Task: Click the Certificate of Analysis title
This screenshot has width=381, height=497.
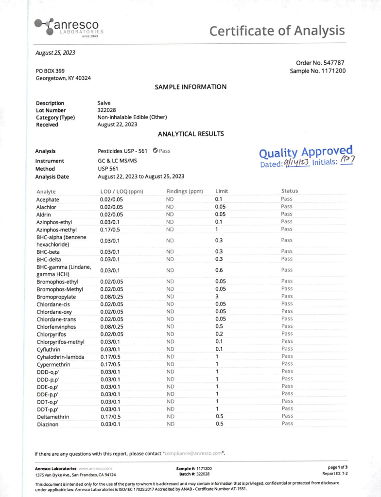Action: pyautogui.click(x=277, y=31)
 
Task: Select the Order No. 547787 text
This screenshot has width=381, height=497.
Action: pyautogui.click(x=320, y=62)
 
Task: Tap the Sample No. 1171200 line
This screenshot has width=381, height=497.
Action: pyautogui.click(x=318, y=71)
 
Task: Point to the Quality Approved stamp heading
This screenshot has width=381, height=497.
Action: pyautogui.click(x=306, y=152)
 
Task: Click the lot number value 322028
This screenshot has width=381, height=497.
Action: pyautogui.click(x=106, y=110)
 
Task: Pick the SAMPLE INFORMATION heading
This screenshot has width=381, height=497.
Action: pyautogui.click(x=190, y=87)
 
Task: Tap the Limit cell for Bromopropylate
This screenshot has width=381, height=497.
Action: pyautogui.click(x=218, y=296)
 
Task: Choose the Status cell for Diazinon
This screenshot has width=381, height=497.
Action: pyautogui.click(x=287, y=424)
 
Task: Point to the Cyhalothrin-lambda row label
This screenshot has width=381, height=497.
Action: pyautogui.click(x=61, y=356)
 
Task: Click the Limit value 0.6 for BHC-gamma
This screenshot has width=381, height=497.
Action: pyautogui.click(x=219, y=270)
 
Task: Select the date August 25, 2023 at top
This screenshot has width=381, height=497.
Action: pyautogui.click(x=55, y=52)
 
